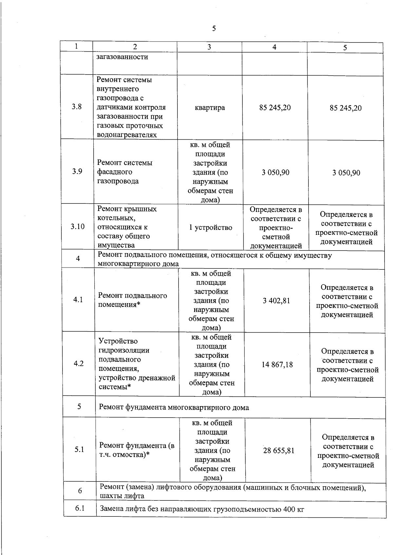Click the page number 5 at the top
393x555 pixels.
pos(214,28)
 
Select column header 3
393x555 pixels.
pos(209,47)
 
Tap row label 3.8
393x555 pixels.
pos(77,107)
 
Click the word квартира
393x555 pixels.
pos(210,108)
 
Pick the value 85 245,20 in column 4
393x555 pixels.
pos(275,108)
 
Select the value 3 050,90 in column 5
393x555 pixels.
pos(346,173)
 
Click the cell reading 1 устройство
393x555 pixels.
pos(211,228)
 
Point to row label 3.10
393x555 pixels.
pos(78,226)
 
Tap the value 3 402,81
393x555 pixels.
pos(276,301)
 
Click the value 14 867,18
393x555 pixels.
pos(277,364)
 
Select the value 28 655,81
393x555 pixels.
pos(279,451)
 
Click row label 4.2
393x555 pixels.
pos(79,364)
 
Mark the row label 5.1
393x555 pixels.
pos(79,450)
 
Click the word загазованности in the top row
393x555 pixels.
pos(122,57)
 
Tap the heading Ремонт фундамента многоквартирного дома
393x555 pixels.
pos(174,408)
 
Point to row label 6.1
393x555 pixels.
pos(80,508)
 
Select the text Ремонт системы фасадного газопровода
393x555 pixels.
pos(125,172)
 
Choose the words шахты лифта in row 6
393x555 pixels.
pos(122,496)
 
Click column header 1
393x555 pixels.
pos(76,46)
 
